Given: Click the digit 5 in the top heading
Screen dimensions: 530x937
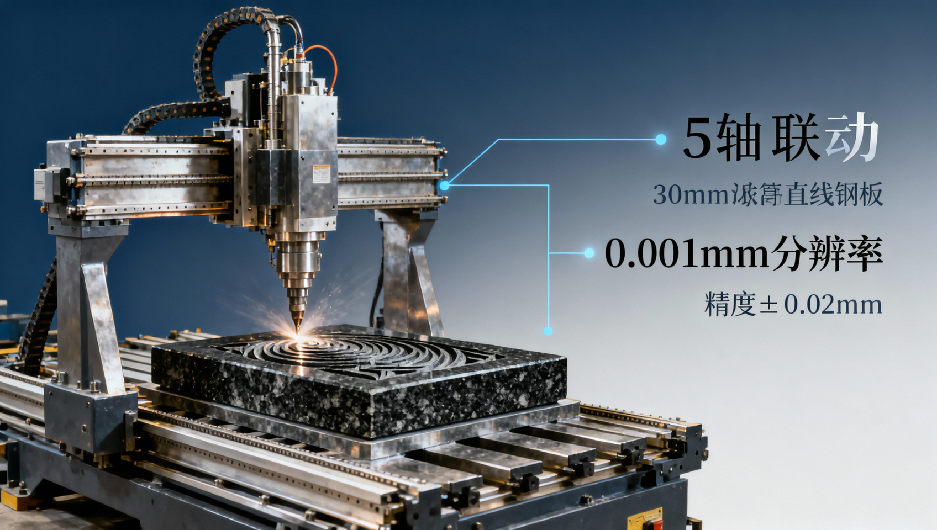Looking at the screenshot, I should point(697,138).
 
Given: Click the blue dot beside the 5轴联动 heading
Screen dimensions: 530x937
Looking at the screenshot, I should point(661,139).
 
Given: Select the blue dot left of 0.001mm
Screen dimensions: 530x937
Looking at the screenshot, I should point(589,253).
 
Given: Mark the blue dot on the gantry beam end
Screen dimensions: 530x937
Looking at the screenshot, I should point(444,186).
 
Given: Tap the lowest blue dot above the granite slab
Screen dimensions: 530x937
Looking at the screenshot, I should point(548,331).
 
